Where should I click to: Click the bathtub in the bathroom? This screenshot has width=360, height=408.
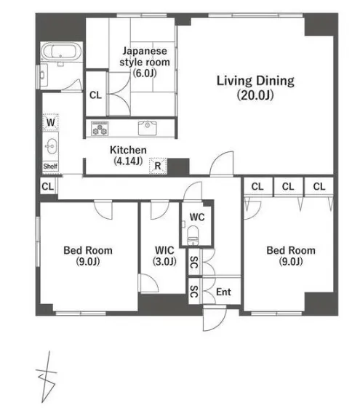[61, 52]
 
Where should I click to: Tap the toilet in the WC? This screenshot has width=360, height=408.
[193, 235]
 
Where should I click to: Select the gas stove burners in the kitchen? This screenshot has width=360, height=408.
[100, 128]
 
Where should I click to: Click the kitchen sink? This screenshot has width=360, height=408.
[148, 128]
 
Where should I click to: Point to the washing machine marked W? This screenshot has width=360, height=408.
[50, 121]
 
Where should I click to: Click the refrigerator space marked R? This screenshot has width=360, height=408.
[158, 166]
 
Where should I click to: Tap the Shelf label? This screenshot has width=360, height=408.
[50, 166]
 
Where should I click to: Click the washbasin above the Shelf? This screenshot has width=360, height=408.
[51, 146]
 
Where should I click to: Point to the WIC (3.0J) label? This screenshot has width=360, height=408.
[164, 256]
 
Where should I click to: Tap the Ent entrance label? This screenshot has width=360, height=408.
[223, 292]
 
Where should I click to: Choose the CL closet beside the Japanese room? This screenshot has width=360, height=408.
[95, 95]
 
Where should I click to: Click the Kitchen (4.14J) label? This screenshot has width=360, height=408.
[128, 156]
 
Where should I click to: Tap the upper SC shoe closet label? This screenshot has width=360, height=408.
[194, 262]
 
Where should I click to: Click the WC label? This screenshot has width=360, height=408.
[197, 217]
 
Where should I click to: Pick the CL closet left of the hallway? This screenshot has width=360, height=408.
[48, 186]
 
